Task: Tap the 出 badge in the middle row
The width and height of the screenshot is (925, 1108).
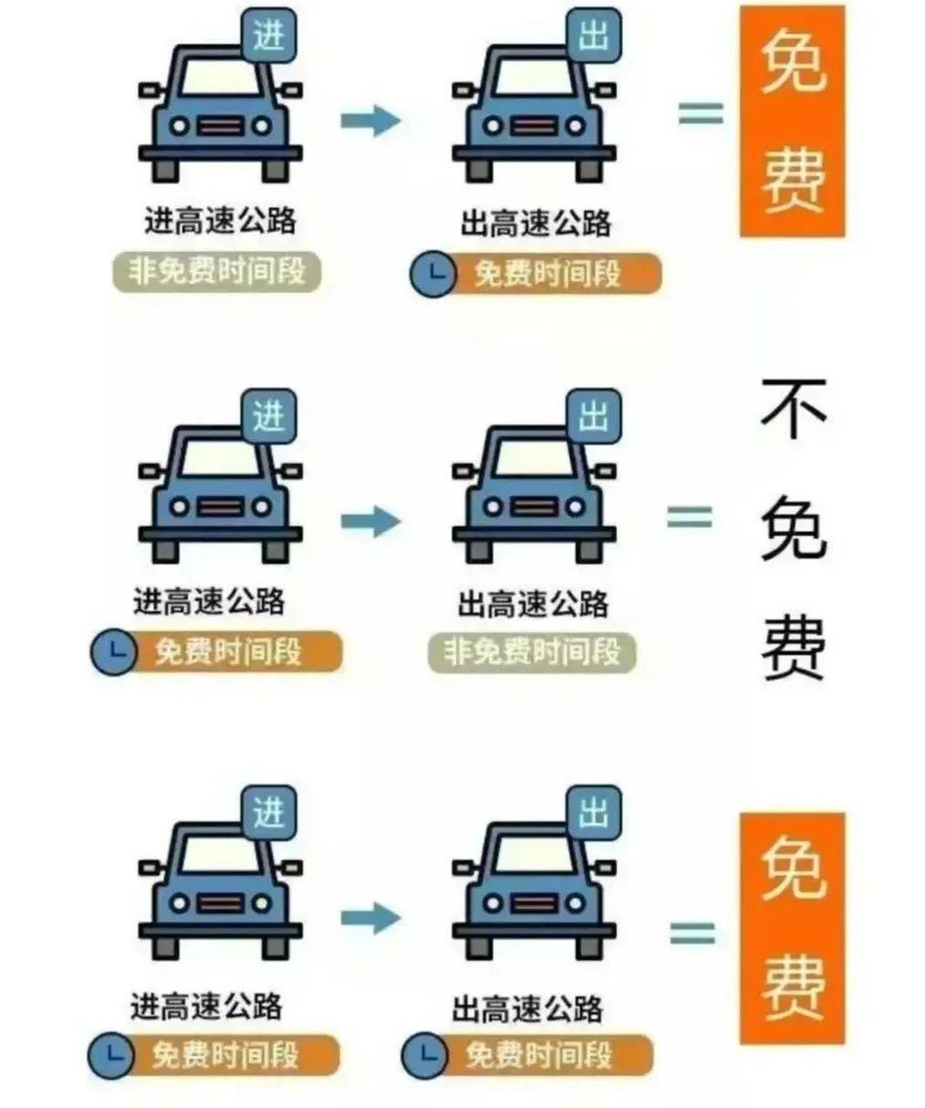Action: click(x=594, y=416)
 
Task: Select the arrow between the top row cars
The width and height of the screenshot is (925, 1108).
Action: click(x=370, y=120)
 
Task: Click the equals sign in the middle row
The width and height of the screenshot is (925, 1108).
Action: click(x=689, y=517)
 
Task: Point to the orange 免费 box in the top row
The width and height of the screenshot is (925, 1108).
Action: click(x=793, y=121)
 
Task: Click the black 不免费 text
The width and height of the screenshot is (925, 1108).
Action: click(x=794, y=529)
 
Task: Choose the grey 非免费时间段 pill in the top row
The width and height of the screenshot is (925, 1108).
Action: click(x=217, y=272)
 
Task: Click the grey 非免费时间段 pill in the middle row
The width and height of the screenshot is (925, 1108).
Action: click(x=532, y=653)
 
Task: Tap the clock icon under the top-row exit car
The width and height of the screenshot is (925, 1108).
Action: click(x=433, y=274)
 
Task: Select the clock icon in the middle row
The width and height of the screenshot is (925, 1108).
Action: click(x=114, y=652)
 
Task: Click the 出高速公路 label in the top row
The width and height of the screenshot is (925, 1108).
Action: click(x=535, y=223)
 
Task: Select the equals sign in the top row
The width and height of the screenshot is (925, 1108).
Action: click(x=702, y=113)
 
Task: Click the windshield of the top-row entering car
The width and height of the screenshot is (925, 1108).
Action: click(x=221, y=78)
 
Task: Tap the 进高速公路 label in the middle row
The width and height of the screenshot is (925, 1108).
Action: click(x=208, y=602)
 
